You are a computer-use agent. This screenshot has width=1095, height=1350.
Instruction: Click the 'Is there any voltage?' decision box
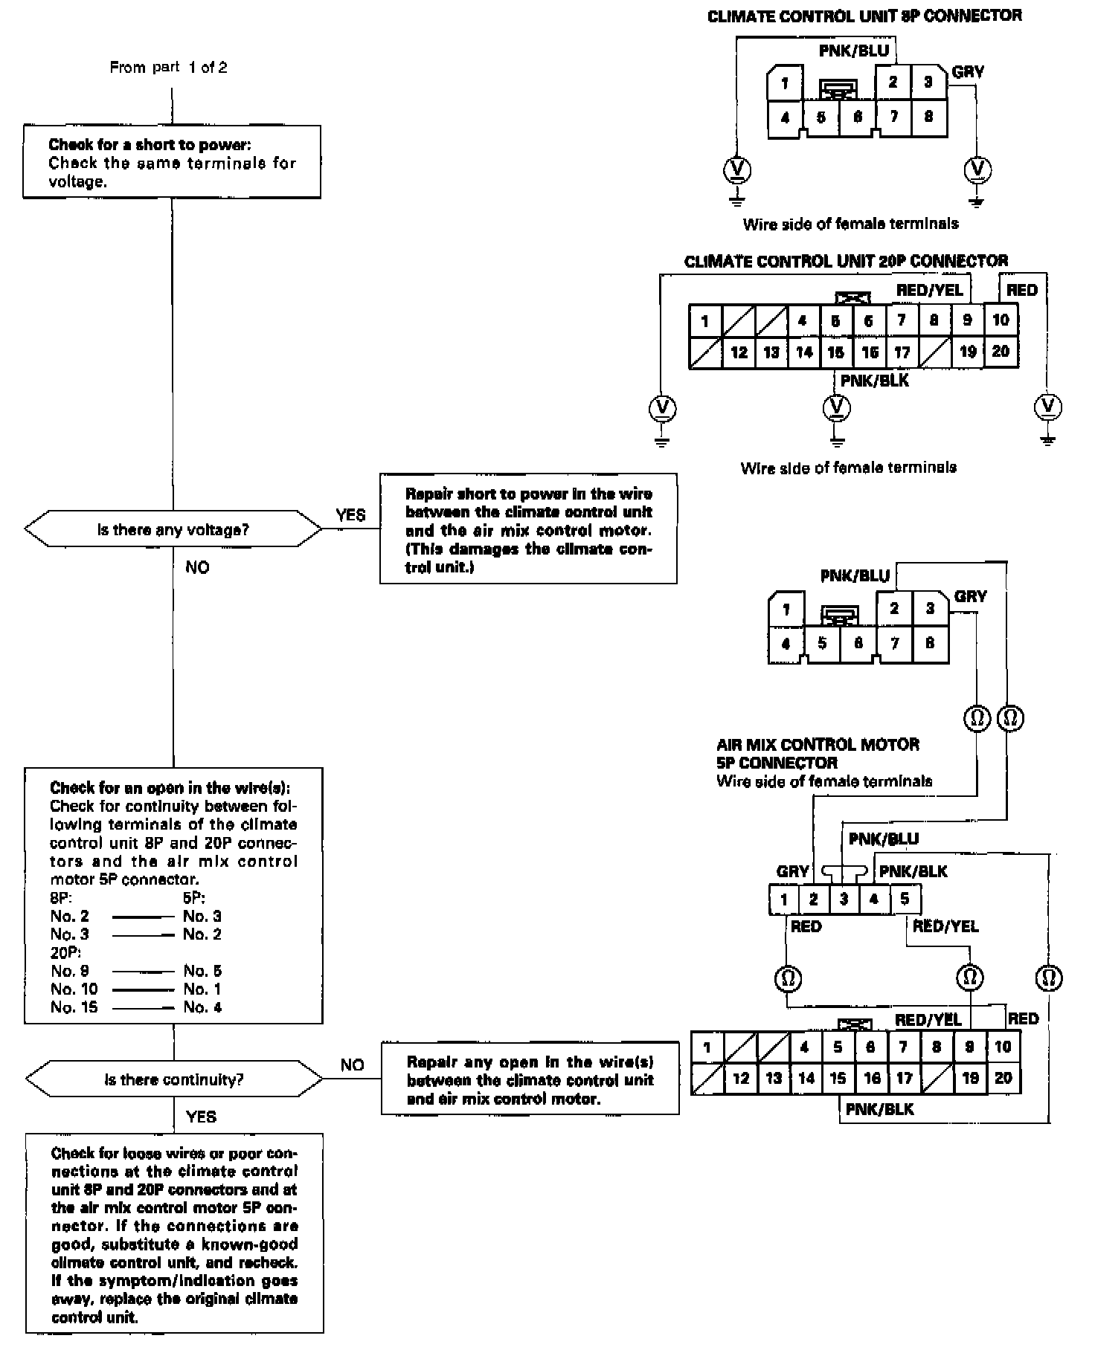click(x=173, y=530)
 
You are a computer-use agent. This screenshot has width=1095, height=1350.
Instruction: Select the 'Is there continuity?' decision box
click(x=173, y=1079)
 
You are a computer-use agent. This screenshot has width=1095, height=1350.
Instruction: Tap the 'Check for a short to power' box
click(x=172, y=162)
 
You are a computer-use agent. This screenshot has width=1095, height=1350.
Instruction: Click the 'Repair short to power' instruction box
click(x=528, y=529)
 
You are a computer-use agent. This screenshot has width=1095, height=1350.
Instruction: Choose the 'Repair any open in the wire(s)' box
click(x=530, y=1079)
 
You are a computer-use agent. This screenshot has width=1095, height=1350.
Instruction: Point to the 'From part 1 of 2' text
click(x=168, y=68)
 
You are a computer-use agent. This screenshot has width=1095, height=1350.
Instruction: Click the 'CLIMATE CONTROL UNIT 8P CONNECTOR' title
click(x=864, y=16)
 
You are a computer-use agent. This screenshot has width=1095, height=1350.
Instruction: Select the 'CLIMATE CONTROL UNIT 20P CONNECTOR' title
click(x=846, y=261)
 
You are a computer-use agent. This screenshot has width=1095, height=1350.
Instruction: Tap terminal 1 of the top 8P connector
click(x=784, y=83)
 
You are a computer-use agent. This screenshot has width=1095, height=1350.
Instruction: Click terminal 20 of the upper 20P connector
click(x=1001, y=351)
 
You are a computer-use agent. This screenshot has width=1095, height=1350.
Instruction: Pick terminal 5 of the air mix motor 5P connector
click(x=904, y=899)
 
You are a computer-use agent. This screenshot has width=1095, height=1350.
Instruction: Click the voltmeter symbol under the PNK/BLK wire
click(x=837, y=407)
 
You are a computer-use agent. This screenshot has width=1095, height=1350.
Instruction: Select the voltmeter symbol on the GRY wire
click(x=977, y=170)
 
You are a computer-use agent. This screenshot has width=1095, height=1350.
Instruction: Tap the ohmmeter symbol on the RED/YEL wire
click(x=969, y=975)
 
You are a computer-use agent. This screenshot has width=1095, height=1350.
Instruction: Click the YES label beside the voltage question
click(x=350, y=515)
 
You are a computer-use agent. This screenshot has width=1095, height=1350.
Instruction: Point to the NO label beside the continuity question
click(x=352, y=1065)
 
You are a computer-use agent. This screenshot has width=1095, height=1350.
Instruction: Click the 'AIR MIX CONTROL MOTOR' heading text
click(x=818, y=745)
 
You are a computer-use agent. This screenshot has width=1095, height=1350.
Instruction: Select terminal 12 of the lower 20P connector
click(x=740, y=1078)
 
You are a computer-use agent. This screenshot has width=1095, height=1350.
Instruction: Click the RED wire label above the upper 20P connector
click(x=1021, y=290)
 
